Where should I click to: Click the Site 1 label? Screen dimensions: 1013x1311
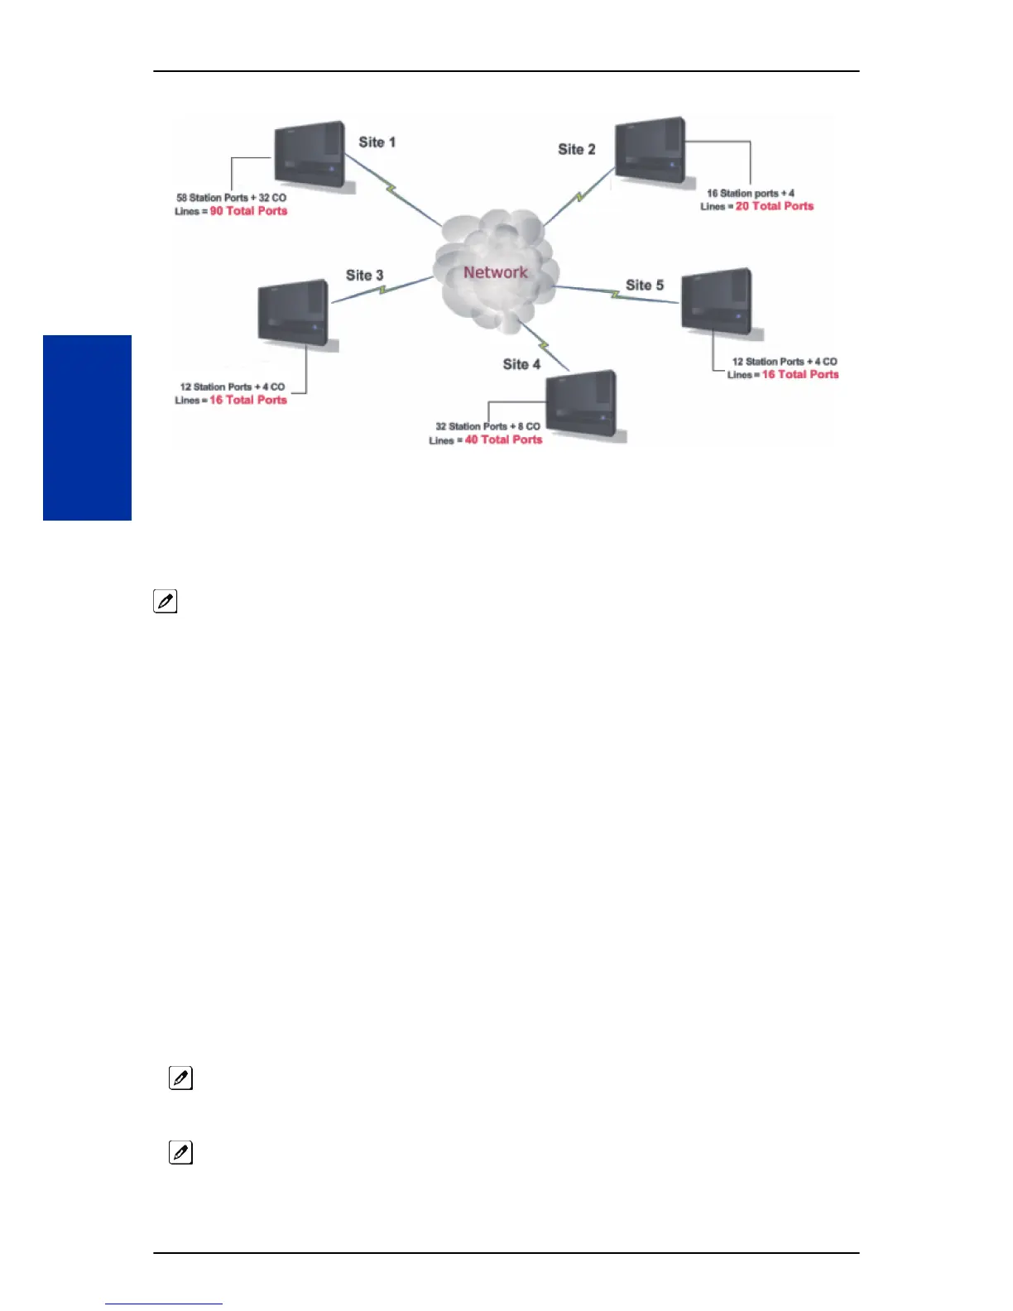click(x=377, y=142)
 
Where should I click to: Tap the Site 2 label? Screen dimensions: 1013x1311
click(x=576, y=150)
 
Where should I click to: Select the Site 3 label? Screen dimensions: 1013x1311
click(x=364, y=276)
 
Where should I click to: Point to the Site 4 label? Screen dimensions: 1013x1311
click(x=521, y=364)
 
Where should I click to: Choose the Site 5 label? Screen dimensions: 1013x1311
click(x=644, y=286)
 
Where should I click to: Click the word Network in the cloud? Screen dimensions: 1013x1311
click(x=495, y=272)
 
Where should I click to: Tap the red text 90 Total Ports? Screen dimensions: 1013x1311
click(x=248, y=211)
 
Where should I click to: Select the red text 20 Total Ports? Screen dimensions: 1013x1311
click(x=775, y=206)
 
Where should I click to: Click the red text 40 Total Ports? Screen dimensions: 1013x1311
click(x=503, y=439)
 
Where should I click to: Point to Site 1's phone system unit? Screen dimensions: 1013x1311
click(x=310, y=156)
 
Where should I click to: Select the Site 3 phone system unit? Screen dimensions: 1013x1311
click(x=294, y=313)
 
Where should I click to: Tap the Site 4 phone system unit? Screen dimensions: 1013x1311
click(x=582, y=404)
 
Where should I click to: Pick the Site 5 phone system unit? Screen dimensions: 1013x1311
click(x=718, y=301)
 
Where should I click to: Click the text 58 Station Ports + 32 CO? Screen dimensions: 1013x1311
click(x=231, y=198)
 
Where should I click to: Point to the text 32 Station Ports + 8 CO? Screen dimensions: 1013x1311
click(x=487, y=427)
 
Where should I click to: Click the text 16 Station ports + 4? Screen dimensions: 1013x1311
click(x=750, y=194)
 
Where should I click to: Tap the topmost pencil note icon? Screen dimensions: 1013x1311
click(x=165, y=602)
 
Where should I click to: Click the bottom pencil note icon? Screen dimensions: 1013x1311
click(x=180, y=1152)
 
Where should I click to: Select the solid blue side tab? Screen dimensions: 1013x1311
click(x=87, y=427)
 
